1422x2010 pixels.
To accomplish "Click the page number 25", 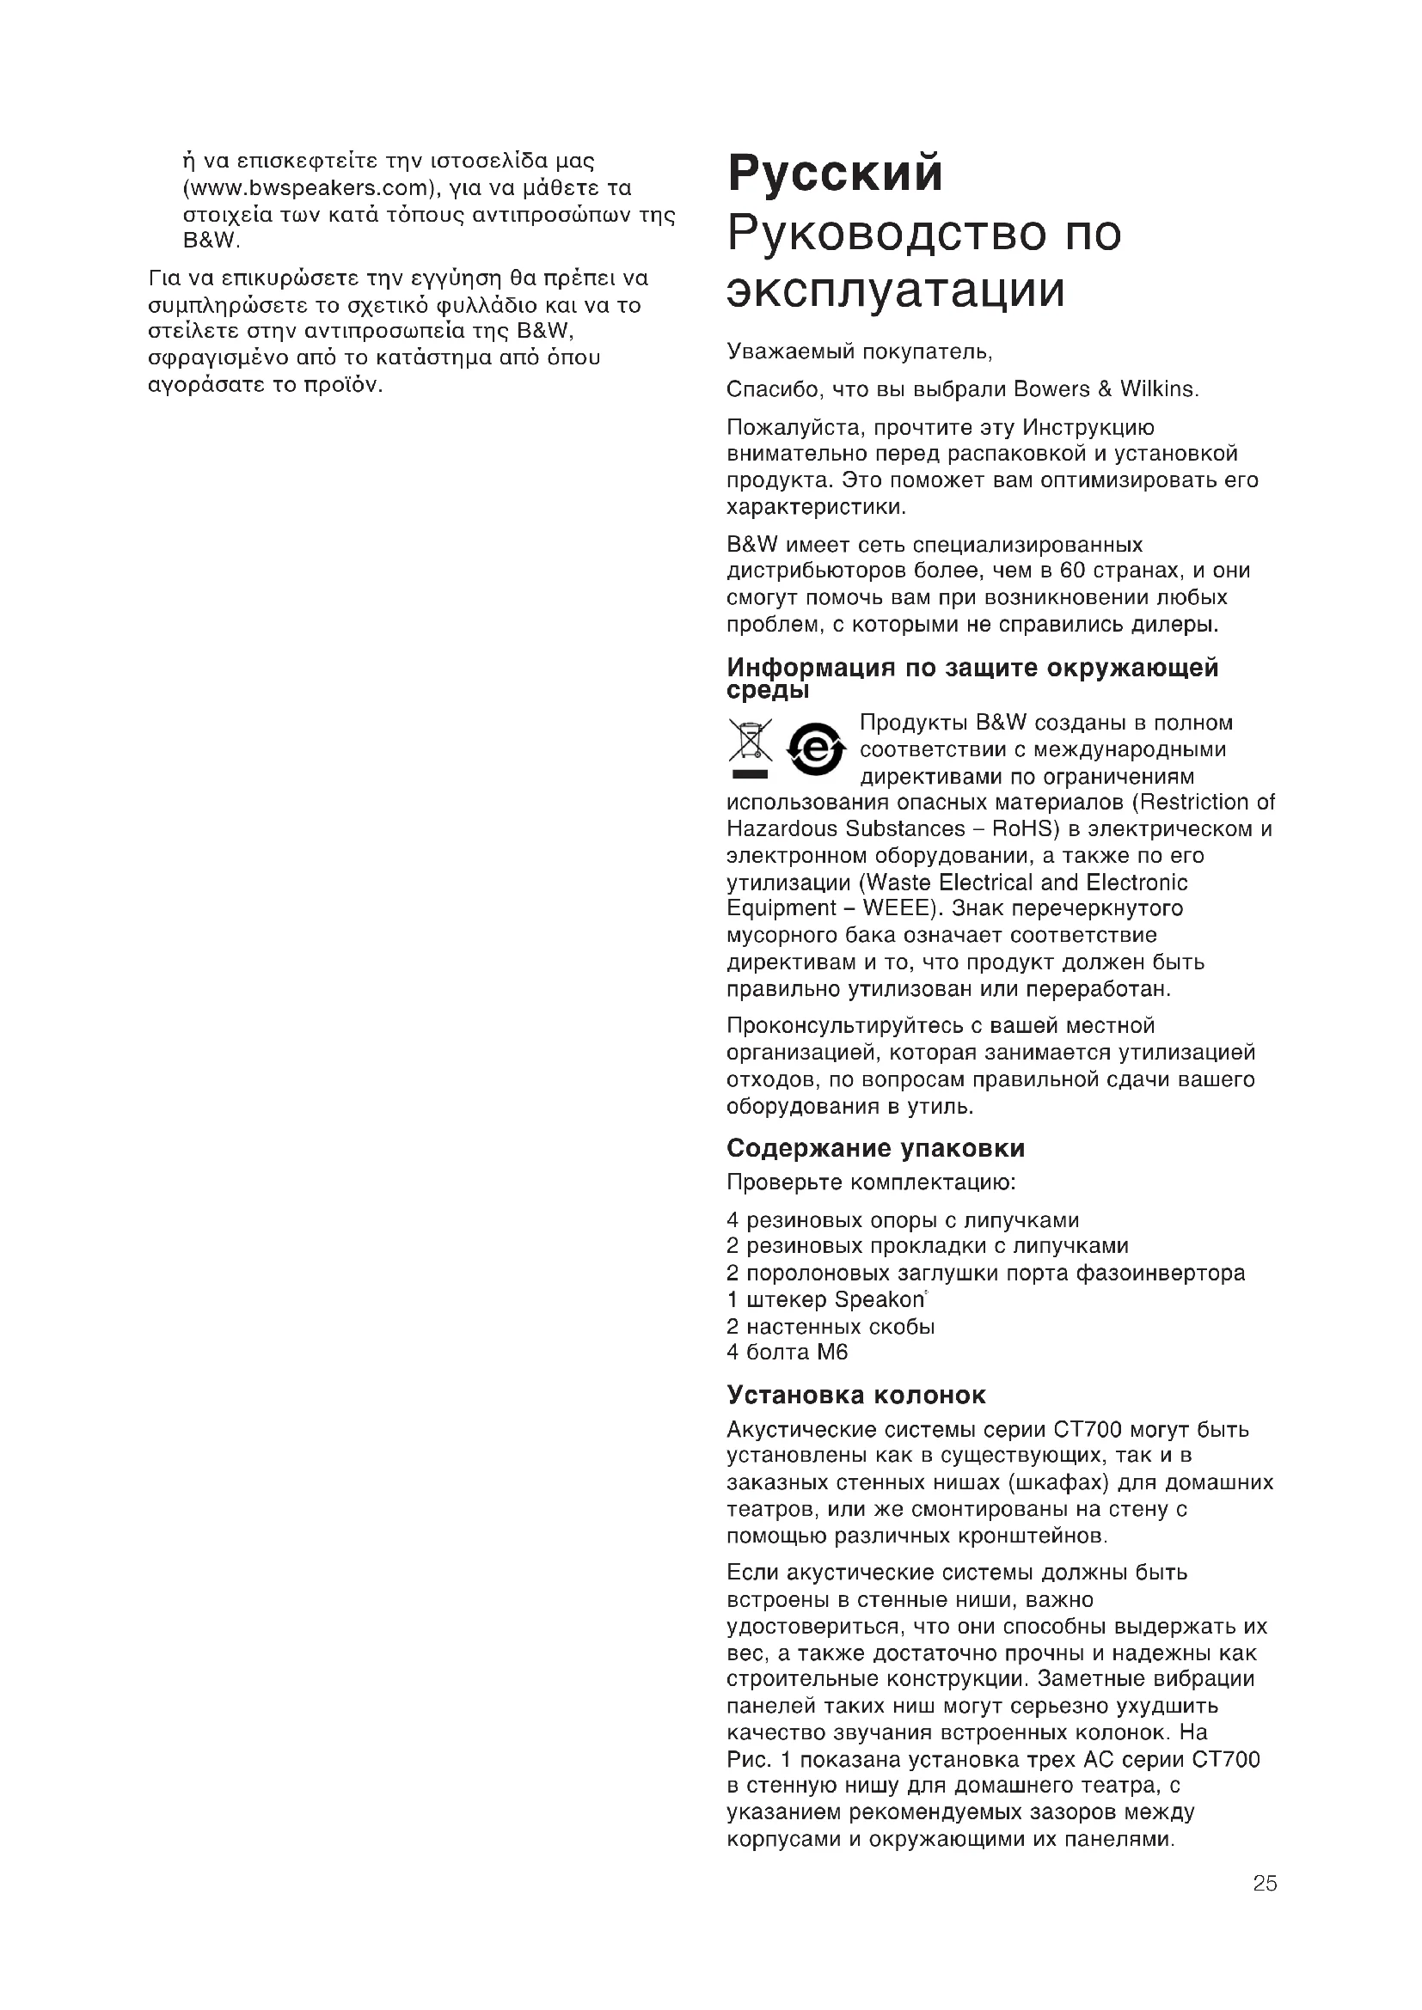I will pyautogui.click(x=1265, y=1883).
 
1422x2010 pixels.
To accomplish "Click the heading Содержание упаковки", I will pyautogui.click(x=875, y=1148).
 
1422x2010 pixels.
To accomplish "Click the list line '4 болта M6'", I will pyautogui.click(x=788, y=1352).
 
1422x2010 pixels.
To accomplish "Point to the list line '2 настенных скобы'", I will pyautogui.click(x=831, y=1326).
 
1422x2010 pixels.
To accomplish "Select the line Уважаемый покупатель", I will pyautogui.click(x=859, y=352).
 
